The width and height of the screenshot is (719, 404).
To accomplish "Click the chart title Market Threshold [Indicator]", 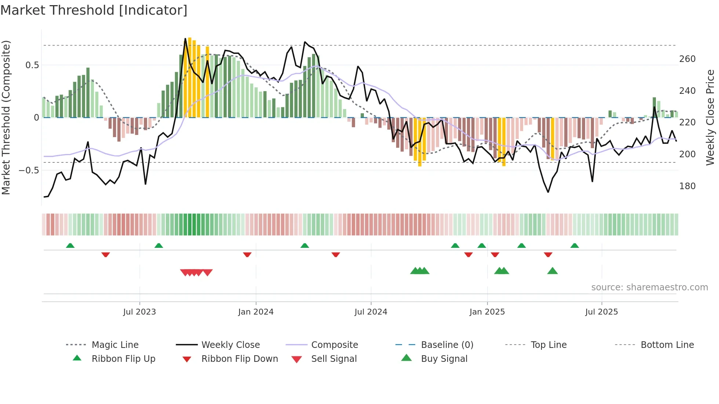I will (x=94, y=10).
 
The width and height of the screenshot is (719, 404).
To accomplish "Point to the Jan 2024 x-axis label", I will (x=256, y=312).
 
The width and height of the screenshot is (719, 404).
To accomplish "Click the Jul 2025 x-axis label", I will (x=601, y=312).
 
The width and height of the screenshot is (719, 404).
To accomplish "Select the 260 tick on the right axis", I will (x=687, y=59).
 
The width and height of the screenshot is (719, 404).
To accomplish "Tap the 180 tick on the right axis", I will (x=687, y=186).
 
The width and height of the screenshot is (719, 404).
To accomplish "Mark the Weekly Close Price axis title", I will (x=710, y=117).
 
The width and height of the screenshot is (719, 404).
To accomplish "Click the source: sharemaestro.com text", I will (x=649, y=287).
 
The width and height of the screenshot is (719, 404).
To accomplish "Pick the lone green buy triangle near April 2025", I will (x=552, y=271).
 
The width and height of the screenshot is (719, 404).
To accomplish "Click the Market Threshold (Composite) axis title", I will (x=6, y=117).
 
